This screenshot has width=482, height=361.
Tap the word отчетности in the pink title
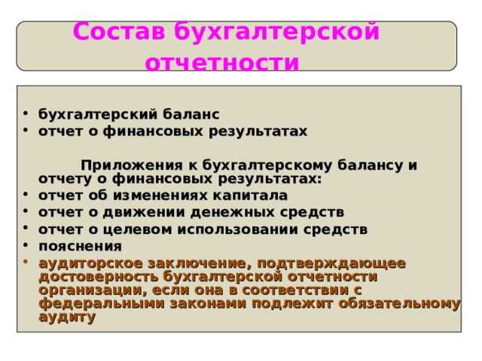(221, 62)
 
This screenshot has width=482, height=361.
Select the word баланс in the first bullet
(190, 114)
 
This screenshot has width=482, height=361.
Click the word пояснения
(80, 246)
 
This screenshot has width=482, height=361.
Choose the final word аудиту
(67, 317)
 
